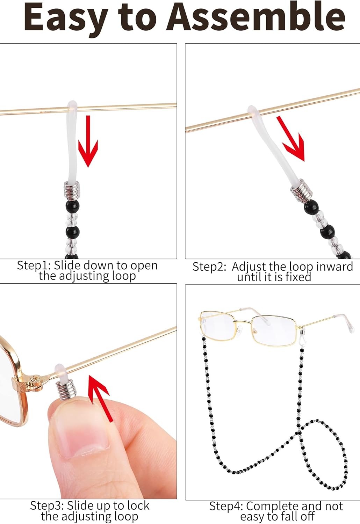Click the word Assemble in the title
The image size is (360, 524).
255,17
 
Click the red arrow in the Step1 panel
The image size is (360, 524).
88,141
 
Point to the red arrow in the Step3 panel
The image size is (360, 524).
100,397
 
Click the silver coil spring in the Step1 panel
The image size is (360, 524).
72,191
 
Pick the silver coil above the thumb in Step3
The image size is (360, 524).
66,390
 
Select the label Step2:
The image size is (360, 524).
209,267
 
